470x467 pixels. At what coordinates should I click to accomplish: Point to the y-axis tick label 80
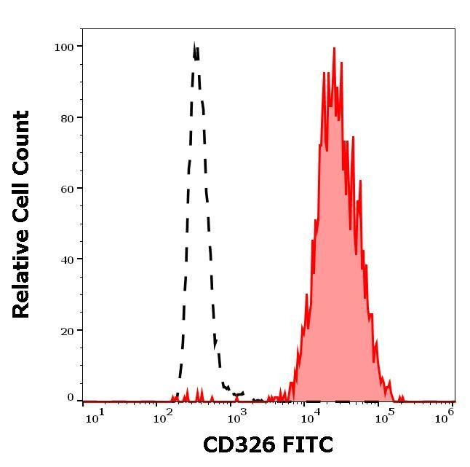coord(66,117)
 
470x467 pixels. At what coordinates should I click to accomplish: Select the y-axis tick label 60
coord(66,188)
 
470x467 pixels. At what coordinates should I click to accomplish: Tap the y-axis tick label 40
coord(66,259)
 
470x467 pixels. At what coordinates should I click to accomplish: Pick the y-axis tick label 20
coord(66,330)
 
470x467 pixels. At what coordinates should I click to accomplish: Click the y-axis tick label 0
coord(71,398)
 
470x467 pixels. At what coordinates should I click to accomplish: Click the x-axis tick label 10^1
coord(95,416)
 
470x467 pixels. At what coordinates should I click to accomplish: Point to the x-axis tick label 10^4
coord(310,416)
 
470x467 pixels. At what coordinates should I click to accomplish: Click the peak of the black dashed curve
coord(194,47)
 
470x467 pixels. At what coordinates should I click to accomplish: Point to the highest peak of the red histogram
coord(334,50)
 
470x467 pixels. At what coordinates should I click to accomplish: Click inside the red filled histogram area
coord(335,255)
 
